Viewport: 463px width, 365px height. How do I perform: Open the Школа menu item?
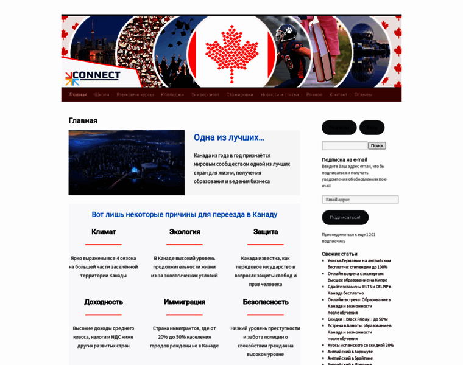pos(102,95)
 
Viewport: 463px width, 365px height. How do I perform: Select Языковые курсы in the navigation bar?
pos(135,95)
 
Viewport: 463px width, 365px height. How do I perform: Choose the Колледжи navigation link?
pos(172,95)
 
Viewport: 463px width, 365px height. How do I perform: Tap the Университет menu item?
pos(205,95)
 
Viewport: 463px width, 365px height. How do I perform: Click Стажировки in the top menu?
pos(240,95)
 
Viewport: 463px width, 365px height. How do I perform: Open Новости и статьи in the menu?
pos(280,95)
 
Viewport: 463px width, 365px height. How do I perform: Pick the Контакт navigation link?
pos(338,95)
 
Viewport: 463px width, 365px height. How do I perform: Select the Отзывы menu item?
pos(363,95)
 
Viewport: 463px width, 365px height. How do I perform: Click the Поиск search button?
pos(377,146)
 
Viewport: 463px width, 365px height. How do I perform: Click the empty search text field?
pos(344,146)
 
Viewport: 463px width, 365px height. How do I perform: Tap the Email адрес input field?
pos(360,200)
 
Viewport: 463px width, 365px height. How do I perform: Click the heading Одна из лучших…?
pos(229,137)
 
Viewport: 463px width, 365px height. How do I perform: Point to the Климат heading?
pos(104,232)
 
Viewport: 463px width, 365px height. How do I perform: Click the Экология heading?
pos(185,232)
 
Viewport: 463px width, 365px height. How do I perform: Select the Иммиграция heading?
pos(185,302)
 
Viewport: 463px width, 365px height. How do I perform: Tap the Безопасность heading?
pos(266,302)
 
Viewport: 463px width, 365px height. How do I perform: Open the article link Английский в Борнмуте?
pos(350,351)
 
